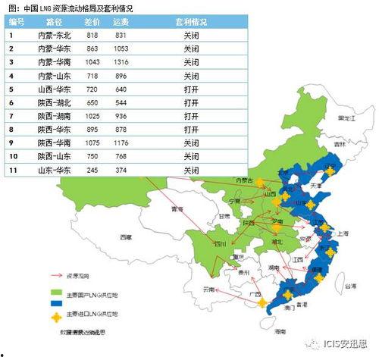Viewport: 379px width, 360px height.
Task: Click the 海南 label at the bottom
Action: [x=280, y=331]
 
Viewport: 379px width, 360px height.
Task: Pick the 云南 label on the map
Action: [x=209, y=290]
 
